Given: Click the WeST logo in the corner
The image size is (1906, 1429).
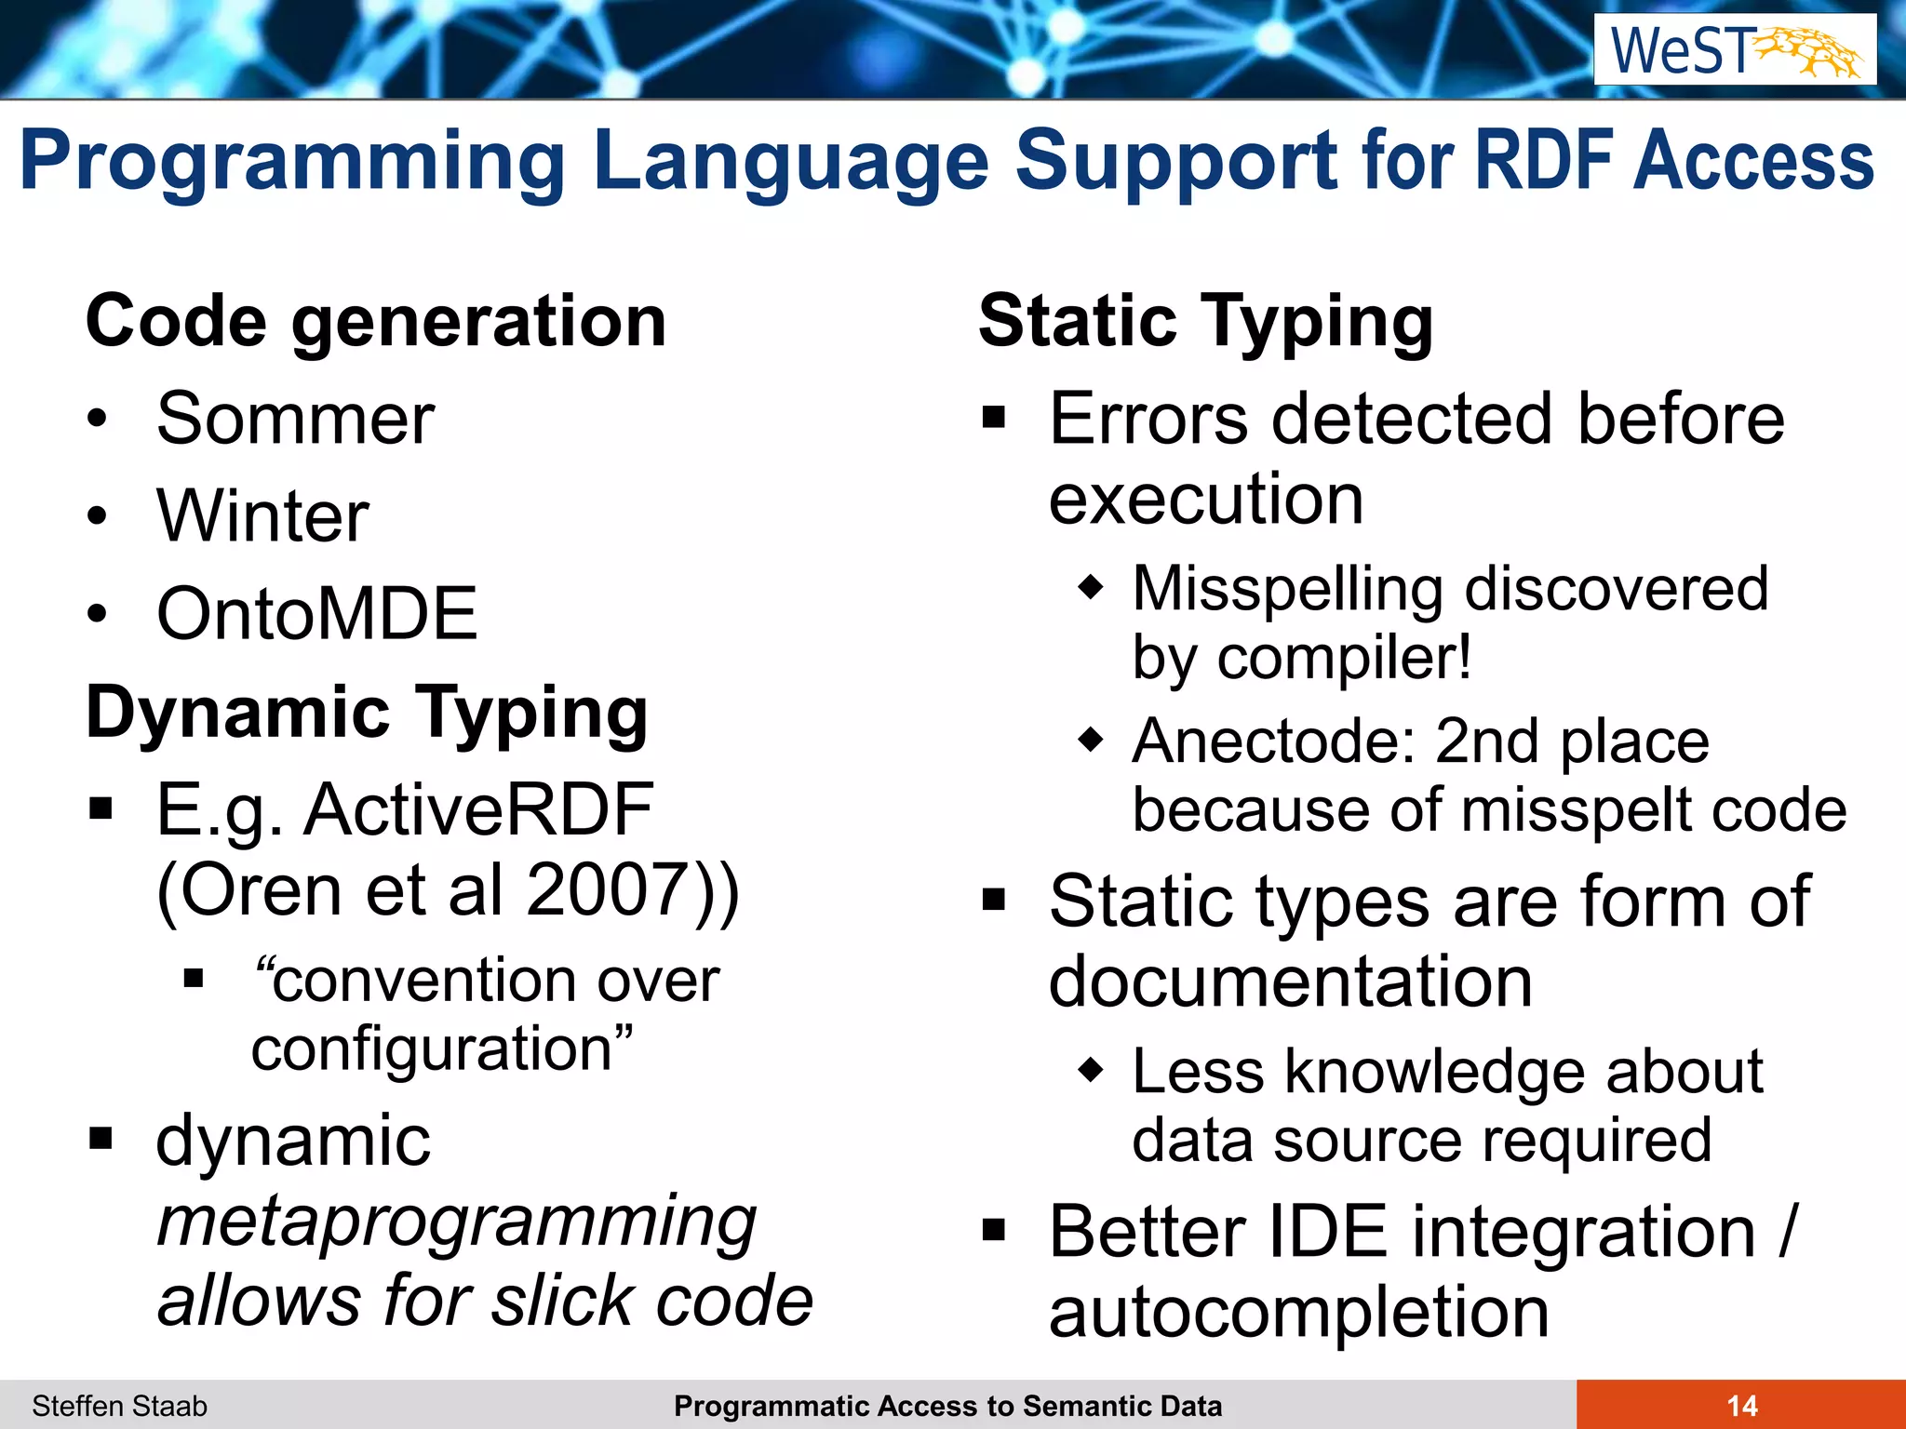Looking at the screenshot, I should [x=1735, y=50].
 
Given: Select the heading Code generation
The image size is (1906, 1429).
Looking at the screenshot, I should [x=376, y=322].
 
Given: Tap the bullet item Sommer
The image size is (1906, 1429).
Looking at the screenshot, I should [x=295, y=420].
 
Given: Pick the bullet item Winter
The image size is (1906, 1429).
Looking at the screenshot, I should [x=262, y=516].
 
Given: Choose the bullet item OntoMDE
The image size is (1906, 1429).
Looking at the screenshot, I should [x=316, y=614].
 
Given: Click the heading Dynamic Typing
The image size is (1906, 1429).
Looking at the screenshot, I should [x=367, y=713].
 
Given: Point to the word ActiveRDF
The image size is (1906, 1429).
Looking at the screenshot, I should [x=478, y=809].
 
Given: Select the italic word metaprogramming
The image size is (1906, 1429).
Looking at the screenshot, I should [x=456, y=1222].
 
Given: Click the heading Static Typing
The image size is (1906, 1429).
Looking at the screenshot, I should [x=1206, y=322].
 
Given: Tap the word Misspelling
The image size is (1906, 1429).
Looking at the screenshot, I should [x=1288, y=589].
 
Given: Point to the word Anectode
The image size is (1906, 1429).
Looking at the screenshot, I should [x=1275, y=741].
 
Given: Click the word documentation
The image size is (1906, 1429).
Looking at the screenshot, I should [x=1290, y=982].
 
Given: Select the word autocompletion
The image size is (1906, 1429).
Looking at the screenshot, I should [x=1299, y=1312].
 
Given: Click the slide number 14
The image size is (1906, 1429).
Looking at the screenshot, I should [x=1741, y=1406].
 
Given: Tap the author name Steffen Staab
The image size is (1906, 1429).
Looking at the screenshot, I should [x=119, y=1406].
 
